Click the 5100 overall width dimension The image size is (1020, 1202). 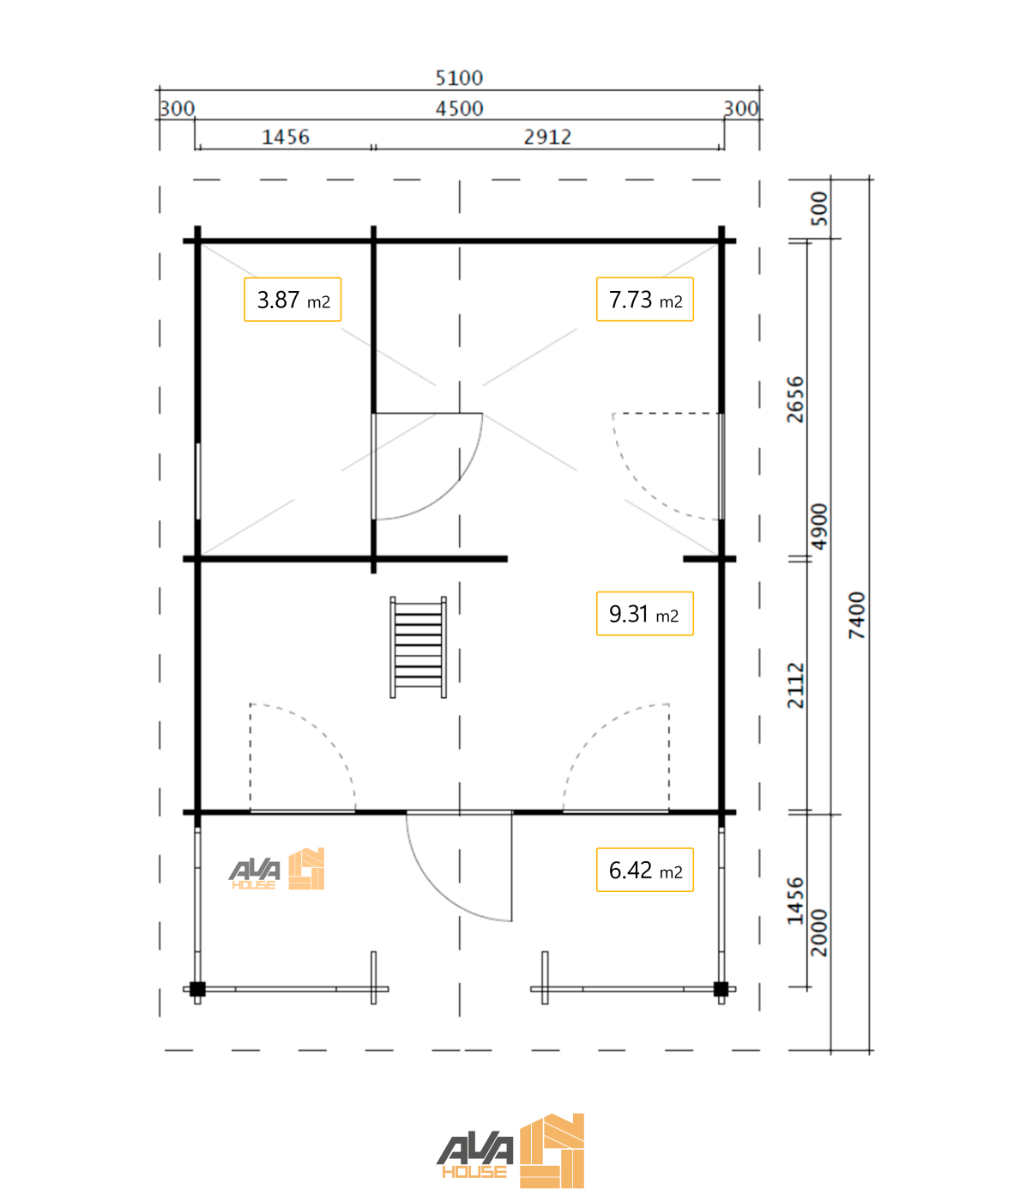459,78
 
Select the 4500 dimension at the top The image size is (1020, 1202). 459,109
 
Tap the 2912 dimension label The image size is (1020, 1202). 547,137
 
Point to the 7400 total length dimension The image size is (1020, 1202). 857,616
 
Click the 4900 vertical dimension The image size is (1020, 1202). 818,527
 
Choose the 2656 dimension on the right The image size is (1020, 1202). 795,400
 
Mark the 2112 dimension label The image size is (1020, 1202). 795,686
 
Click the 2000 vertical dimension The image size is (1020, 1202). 818,933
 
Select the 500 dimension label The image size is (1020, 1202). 818,209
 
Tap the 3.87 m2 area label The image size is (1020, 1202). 293,300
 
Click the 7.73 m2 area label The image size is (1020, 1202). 644,300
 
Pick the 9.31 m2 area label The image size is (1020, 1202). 644,614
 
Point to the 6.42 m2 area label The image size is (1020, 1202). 644,870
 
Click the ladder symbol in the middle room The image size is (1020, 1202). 418,647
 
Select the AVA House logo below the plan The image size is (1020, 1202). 510,1151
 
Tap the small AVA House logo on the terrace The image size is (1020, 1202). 276,869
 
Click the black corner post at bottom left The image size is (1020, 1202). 197,988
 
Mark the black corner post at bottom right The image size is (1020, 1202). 721,988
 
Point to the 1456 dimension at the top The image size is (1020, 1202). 286,137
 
